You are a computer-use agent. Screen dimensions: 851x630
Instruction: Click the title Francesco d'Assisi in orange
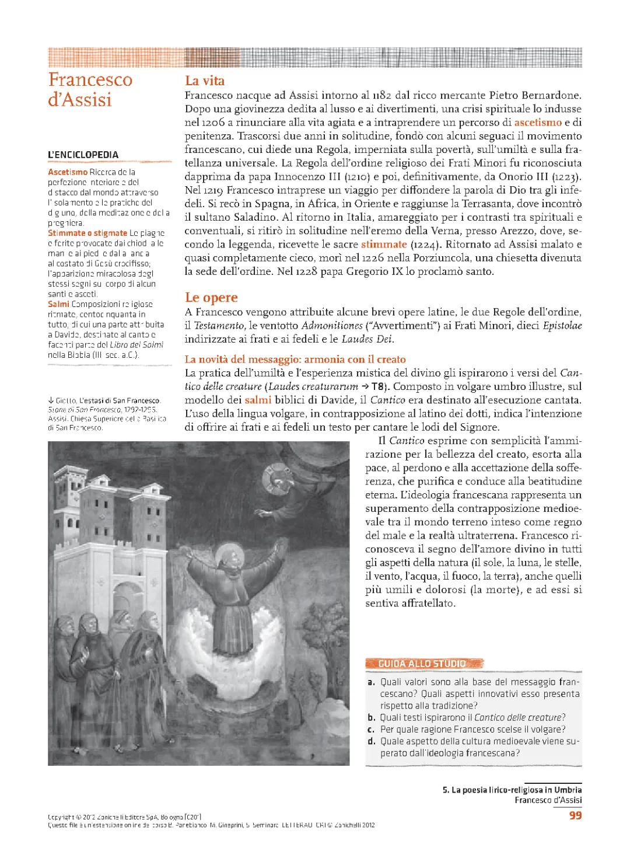(x=90, y=89)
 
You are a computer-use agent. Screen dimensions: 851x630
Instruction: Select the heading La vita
(x=205, y=81)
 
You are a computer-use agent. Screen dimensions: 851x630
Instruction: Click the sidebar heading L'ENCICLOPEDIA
(x=83, y=155)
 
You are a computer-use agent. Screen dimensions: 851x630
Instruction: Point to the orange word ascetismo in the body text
(x=538, y=123)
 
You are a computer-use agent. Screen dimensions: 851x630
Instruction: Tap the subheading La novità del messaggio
(x=295, y=359)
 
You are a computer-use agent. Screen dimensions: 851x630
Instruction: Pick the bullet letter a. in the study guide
(x=371, y=682)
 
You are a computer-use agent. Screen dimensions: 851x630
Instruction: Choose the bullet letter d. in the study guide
(x=371, y=741)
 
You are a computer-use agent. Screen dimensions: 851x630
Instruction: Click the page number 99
(x=575, y=815)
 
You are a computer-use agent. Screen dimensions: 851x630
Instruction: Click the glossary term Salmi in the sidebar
(x=58, y=304)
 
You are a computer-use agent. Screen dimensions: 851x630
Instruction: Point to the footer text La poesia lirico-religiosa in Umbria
(x=512, y=790)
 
